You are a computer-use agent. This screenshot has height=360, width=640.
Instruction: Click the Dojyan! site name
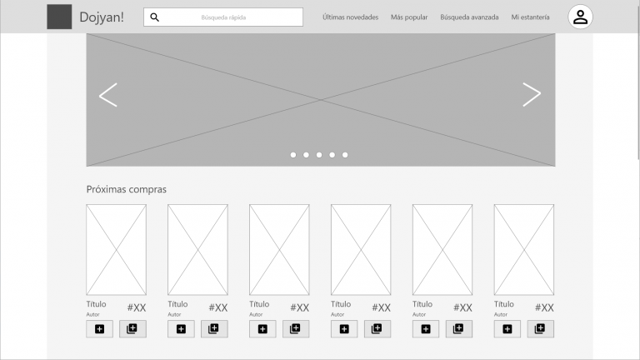(x=101, y=17)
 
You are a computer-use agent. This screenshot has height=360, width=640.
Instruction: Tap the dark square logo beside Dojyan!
(x=59, y=17)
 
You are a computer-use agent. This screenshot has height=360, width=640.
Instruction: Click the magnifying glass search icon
(x=154, y=17)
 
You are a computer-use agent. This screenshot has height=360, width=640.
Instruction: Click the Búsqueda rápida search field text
(x=223, y=17)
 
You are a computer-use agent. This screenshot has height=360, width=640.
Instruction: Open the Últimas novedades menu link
(x=350, y=17)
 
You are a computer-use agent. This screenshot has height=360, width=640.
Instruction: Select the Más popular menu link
(x=409, y=17)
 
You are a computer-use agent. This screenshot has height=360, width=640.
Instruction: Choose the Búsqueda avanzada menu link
(x=469, y=17)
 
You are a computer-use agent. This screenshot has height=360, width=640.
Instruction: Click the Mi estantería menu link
(x=531, y=17)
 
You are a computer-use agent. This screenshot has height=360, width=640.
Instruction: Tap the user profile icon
(x=580, y=17)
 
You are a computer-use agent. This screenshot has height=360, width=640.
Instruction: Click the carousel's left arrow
(x=107, y=95)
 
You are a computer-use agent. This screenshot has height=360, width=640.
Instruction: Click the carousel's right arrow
(x=532, y=95)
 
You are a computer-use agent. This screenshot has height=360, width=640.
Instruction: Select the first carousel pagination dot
(x=293, y=155)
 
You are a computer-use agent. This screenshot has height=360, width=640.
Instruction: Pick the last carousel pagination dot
(x=345, y=155)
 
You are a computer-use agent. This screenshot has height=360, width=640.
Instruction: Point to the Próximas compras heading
(x=127, y=189)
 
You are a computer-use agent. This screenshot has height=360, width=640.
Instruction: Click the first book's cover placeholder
(x=116, y=249)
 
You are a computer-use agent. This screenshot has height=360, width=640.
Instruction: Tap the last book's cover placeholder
(x=523, y=249)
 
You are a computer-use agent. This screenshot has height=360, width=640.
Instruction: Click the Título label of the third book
(x=259, y=304)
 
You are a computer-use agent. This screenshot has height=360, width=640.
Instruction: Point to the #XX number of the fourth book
(x=381, y=307)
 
